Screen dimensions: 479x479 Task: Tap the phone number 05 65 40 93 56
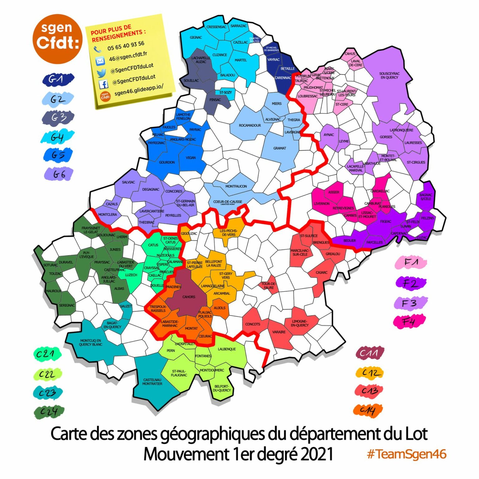point(126,46)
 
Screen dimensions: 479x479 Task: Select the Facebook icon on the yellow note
point(103,84)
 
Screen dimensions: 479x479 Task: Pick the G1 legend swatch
point(58,79)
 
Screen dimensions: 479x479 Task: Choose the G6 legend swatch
point(59,174)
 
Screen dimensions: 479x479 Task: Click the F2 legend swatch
point(410,283)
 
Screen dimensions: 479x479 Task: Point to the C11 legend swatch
point(370,353)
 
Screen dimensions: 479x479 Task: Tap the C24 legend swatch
point(49,412)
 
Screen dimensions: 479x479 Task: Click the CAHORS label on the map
point(189,297)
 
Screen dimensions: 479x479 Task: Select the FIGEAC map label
point(385,221)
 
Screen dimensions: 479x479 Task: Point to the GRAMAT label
point(279,148)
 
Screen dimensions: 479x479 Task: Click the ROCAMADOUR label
point(250,125)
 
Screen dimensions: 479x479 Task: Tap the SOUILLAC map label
point(191,80)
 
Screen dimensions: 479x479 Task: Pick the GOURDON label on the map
point(167,162)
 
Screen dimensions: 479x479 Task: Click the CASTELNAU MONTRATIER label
point(152,382)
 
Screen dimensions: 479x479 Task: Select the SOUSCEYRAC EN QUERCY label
point(389,75)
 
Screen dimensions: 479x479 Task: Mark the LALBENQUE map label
point(227,349)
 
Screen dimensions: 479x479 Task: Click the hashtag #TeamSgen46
point(407,454)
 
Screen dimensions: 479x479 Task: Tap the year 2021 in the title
point(317,454)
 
